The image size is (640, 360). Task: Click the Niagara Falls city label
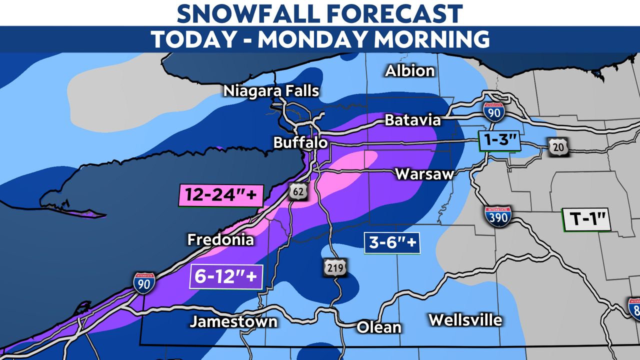271,91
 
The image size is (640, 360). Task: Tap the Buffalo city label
300,143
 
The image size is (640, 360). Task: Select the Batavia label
412,120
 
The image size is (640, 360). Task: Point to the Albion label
409,71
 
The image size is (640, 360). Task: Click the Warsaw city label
424,174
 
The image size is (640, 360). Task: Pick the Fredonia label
220,239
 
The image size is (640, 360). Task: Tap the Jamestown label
233,321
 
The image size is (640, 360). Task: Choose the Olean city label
378,327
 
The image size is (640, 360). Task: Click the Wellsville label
465,319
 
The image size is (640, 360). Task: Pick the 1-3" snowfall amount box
498,140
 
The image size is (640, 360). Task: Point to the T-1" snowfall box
587,219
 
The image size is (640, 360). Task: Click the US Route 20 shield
556,146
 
